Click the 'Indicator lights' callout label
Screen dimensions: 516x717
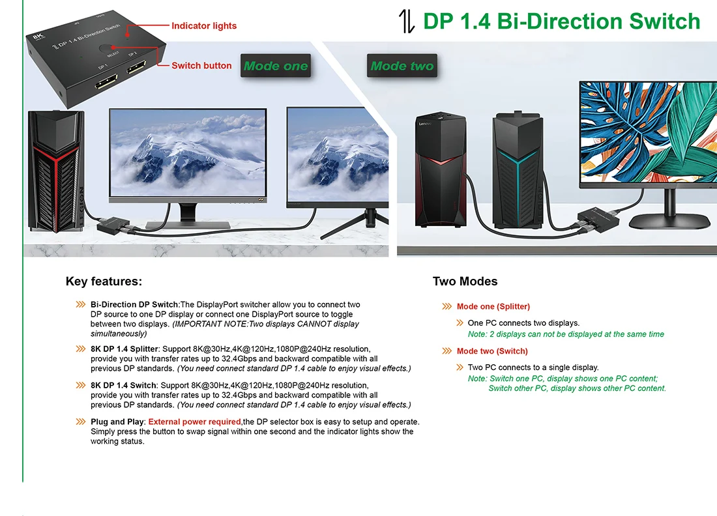pos(203,26)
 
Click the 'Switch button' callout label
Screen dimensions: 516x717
pos(201,66)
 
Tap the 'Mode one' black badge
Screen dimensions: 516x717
pos(276,66)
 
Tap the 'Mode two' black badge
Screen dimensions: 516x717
pos(402,66)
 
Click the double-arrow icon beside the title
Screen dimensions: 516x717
pos(407,21)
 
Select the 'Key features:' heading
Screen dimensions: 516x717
pos(104,281)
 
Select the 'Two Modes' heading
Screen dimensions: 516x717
pos(465,281)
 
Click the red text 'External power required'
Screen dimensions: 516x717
pos(194,422)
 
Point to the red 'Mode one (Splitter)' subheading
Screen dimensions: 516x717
pos(493,306)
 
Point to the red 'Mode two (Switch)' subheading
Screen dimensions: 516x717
pos(492,351)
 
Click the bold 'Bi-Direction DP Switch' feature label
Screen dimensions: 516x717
pos(134,304)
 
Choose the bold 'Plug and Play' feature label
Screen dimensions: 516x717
pos(117,422)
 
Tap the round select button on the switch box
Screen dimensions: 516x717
pos(106,49)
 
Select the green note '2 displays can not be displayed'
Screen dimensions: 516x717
pos(566,334)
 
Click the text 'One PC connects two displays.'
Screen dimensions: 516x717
pos(523,322)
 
